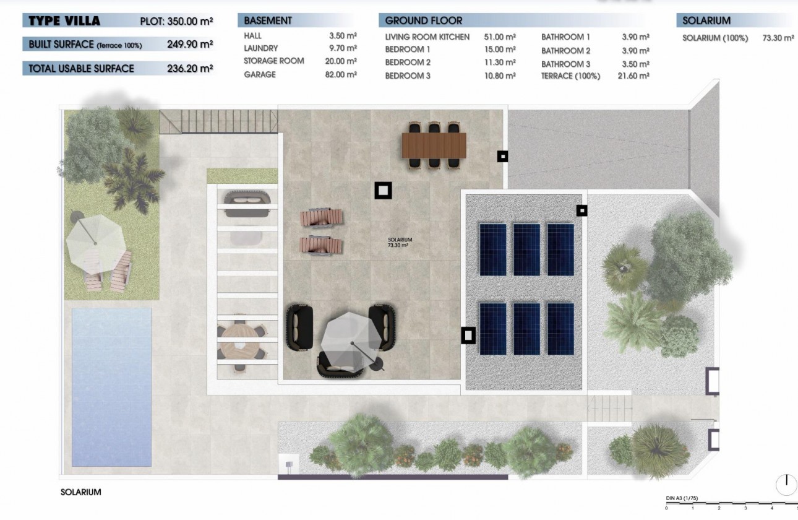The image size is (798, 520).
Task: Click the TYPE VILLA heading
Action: coord(64,21)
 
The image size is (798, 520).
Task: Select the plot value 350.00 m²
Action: coord(190,21)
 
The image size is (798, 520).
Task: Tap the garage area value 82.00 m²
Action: coord(343,74)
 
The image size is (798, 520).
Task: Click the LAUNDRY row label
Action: coord(260,48)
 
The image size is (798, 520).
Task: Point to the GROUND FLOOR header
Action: coord(424,20)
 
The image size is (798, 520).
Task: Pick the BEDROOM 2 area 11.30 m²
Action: coord(502,62)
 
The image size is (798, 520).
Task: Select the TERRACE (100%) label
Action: coord(570,76)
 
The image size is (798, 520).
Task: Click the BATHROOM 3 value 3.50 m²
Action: coord(635,64)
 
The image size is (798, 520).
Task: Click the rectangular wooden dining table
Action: coord(434,145)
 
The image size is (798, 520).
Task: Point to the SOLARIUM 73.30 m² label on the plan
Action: coord(400,242)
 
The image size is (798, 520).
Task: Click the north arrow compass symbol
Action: coord(786,482)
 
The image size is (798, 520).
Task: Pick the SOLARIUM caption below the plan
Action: coord(80,492)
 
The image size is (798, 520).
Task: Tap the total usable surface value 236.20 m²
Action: coord(190,68)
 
